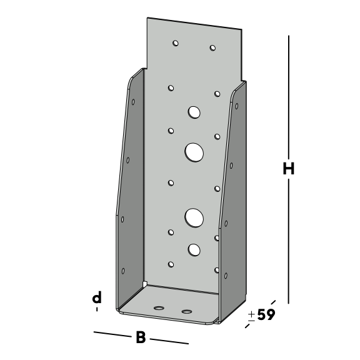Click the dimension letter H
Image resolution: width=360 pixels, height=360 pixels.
(289, 168)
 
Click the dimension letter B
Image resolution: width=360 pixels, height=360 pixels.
(141, 337)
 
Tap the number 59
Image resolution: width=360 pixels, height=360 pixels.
(266, 314)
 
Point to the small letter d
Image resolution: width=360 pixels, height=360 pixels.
(97, 297)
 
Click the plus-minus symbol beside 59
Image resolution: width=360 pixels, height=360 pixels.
(252, 316)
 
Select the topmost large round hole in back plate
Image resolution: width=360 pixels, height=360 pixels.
(194, 112)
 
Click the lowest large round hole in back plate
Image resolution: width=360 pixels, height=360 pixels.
(194, 250)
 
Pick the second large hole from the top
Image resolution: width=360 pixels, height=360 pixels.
(194, 152)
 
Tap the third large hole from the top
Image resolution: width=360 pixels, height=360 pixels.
(194, 218)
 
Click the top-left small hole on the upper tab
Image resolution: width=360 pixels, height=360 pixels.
(176, 43)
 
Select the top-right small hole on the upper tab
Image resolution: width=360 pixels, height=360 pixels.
(212, 47)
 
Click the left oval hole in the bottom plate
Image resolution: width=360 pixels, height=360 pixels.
(159, 308)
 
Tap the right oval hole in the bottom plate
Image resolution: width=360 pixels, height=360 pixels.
(187, 311)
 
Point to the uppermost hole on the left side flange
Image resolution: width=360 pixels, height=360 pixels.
(133, 102)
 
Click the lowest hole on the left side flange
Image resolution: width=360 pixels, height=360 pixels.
(123, 271)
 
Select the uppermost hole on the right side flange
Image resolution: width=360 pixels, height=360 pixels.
(237, 106)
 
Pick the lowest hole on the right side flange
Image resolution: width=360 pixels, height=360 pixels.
(226, 276)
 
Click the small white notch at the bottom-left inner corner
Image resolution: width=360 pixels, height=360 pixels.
(144, 284)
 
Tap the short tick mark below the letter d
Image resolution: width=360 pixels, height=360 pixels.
(97, 309)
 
